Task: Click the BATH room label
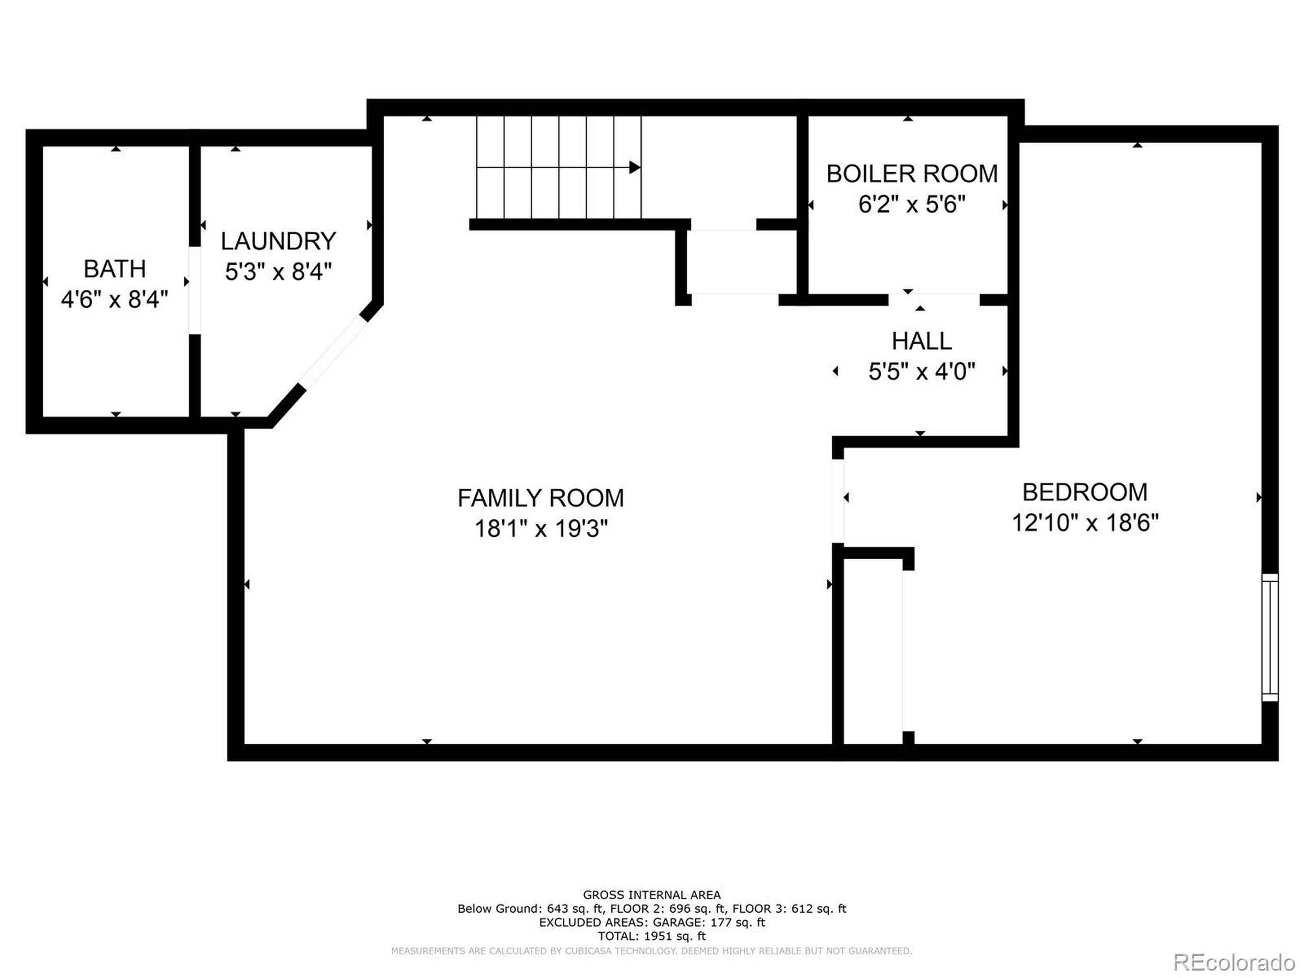[x=115, y=269]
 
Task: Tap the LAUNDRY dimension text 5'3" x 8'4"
[x=278, y=273]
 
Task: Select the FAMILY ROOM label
[x=540, y=498]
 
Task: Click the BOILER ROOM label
[x=911, y=174]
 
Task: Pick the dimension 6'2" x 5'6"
[x=911, y=205]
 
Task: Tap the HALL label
[x=921, y=341]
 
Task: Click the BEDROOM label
[x=1084, y=492]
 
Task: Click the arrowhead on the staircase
[x=634, y=168]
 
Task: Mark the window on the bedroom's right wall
[x=1269, y=637]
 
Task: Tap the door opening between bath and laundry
[x=195, y=290]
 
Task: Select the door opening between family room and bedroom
[x=838, y=501]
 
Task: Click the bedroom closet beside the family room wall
[x=873, y=651]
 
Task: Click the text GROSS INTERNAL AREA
[x=651, y=895]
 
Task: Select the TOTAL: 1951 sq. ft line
[x=651, y=936]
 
